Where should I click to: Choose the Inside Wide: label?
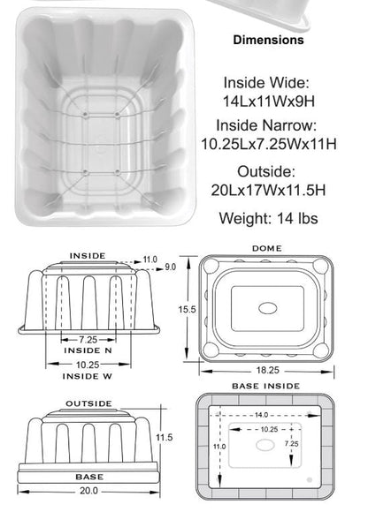tap(268, 81)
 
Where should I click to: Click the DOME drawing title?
tap(267, 249)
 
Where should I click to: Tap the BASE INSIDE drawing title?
tap(265, 386)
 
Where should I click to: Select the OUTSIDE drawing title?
tap(88, 403)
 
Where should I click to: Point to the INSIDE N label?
tap(88, 350)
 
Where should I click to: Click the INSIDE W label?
tap(88, 376)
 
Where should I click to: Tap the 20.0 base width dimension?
tap(88, 491)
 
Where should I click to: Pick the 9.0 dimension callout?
tap(170, 267)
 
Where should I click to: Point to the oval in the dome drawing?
tap(266, 309)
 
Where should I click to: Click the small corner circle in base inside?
tap(310, 479)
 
